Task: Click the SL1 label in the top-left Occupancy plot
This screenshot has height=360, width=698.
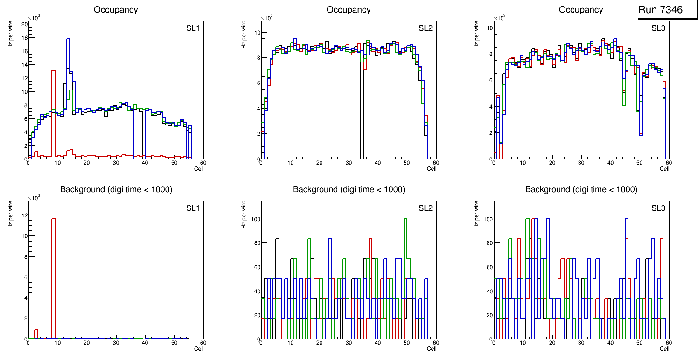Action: [193, 28]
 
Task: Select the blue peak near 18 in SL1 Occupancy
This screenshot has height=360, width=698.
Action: [68, 40]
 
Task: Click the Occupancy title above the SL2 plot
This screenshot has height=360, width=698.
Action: [349, 10]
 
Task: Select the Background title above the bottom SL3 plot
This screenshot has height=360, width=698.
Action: [581, 189]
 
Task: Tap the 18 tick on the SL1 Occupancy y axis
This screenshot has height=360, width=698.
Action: [24, 38]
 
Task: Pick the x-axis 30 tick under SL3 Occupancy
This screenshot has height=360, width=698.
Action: [581, 163]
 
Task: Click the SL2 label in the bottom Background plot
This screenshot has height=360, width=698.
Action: [425, 208]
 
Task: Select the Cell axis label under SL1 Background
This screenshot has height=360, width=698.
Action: [199, 348]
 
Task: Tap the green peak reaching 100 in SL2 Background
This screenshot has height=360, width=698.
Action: [405, 219]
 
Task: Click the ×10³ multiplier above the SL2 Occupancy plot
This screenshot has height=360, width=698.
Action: [266, 18]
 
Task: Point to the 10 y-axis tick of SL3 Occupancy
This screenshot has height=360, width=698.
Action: [489, 28]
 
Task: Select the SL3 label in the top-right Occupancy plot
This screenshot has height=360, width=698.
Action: [658, 28]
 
